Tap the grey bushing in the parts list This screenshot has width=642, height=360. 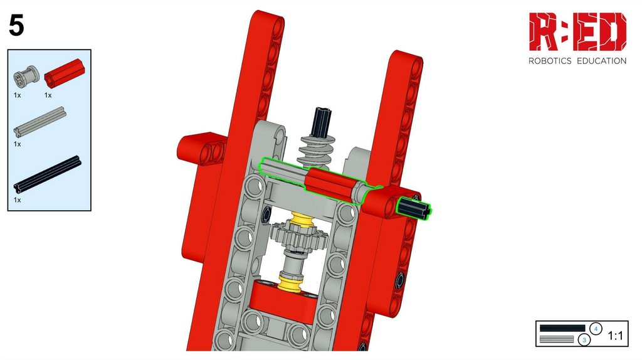(26, 76)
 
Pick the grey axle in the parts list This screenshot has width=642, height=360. (39, 122)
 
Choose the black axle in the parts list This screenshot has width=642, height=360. (47, 174)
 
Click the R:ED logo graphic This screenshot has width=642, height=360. (577, 31)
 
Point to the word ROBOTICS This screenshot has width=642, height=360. (549, 61)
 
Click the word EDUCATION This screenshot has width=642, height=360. (601, 61)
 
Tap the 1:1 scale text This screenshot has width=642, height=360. (615, 336)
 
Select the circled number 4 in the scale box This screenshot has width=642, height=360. (596, 329)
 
